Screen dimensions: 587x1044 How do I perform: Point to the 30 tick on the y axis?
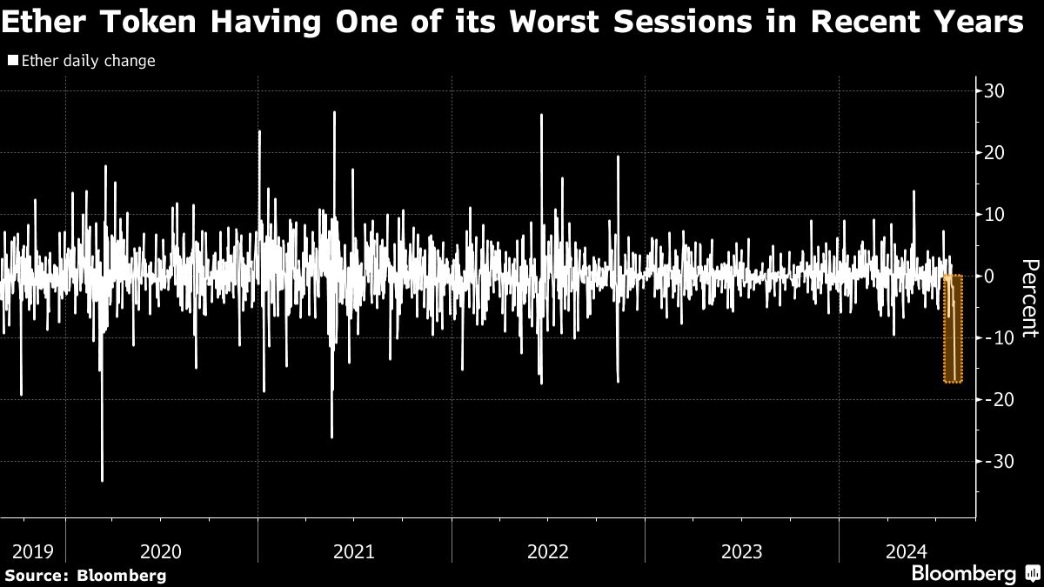(994, 91)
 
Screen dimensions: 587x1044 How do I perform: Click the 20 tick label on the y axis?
(994, 153)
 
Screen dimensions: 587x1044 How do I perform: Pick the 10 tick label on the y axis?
(994, 215)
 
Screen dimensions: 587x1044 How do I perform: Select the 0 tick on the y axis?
(989, 276)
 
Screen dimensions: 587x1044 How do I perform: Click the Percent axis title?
(1029, 297)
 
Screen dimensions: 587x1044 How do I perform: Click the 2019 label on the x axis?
(32, 551)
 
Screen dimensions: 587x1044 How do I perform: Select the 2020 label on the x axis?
(161, 551)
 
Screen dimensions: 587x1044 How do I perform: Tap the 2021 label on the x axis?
(354, 551)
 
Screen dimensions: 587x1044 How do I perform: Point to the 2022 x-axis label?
(548, 551)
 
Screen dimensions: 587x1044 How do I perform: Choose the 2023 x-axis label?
(741, 551)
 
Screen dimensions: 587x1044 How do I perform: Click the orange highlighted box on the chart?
(953, 329)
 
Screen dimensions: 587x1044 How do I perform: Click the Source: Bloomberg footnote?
(85, 575)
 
